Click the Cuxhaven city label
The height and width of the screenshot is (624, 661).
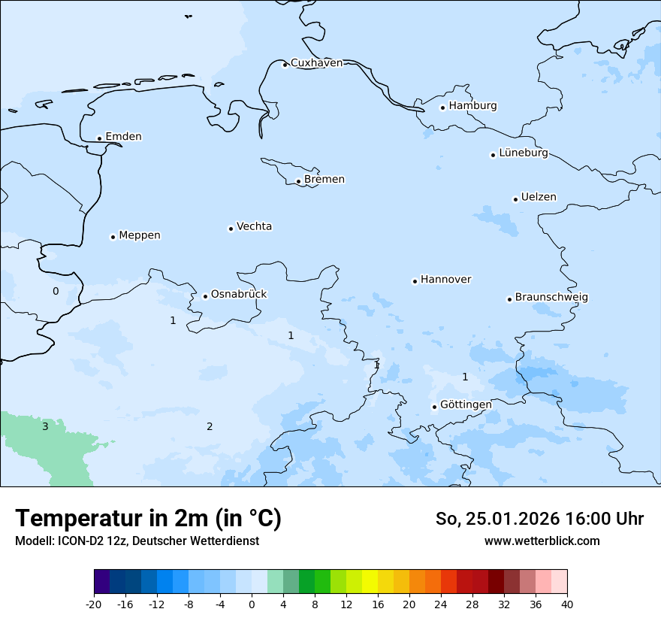pos(316,63)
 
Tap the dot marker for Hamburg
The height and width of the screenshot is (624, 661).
pos(442,108)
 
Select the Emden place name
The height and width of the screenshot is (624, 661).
pos(123,137)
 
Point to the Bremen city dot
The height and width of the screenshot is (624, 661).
pos(298,181)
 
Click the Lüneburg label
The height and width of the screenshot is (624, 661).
pos(524,153)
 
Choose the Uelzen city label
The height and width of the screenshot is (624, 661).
pos(539,198)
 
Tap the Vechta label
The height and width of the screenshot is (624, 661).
pos(254,227)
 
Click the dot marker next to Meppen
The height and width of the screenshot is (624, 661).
pos(113,237)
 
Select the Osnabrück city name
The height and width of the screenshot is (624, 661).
pos(239,295)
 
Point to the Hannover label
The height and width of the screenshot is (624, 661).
pos(445,280)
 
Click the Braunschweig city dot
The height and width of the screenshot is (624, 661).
pos(509,299)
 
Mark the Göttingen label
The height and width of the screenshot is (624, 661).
pos(466,405)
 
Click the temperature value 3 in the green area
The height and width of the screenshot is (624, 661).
pos(45,427)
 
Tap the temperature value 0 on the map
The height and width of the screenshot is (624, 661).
pos(55,292)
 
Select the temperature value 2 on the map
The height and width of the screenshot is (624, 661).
pos(210,427)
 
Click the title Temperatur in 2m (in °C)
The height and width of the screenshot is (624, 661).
pos(148,519)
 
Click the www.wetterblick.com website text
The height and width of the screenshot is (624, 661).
pos(542,541)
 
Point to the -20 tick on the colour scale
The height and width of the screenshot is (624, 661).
pos(94,604)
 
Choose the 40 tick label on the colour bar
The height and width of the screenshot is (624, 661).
pos(566,604)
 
